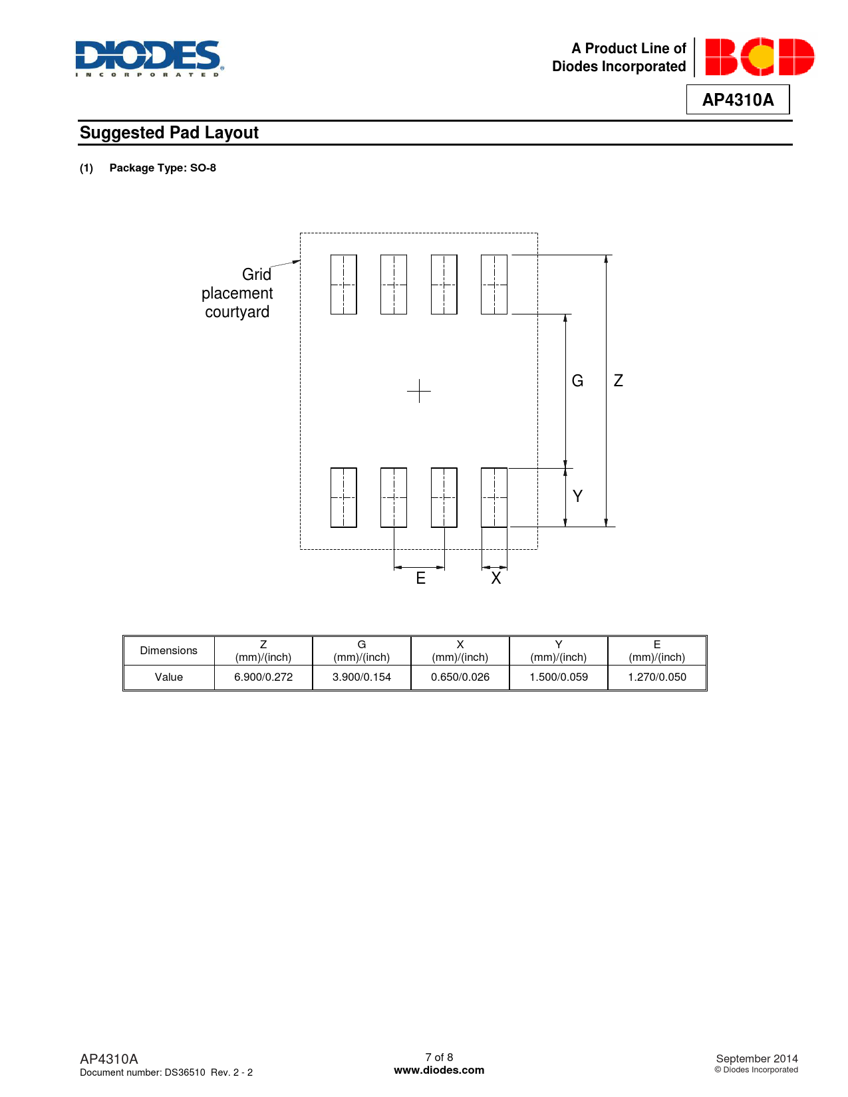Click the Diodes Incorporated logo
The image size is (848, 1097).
click(x=150, y=59)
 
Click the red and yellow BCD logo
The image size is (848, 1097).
click(x=760, y=57)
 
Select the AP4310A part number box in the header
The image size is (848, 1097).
click(x=738, y=100)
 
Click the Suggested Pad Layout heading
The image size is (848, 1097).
click(x=169, y=133)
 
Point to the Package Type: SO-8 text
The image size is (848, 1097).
click(x=162, y=168)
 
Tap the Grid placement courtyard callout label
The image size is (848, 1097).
click(x=237, y=293)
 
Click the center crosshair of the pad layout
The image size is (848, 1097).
click(x=419, y=391)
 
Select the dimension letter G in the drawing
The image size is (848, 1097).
click(x=577, y=381)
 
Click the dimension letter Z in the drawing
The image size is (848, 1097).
click(x=618, y=380)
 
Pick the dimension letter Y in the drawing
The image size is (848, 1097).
click(x=577, y=496)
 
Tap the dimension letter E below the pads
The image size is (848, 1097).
click(x=420, y=578)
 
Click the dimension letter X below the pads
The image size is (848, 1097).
click(x=495, y=578)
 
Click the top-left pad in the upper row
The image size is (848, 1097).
click(x=343, y=285)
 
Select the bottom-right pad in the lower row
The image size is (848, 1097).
click(x=494, y=497)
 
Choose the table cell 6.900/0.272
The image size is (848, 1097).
click(x=263, y=677)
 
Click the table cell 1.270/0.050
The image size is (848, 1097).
click(x=657, y=677)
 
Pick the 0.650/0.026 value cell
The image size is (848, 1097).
click(x=460, y=677)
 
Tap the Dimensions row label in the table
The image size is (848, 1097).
click(x=168, y=650)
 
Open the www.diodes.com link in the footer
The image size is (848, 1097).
click(x=439, y=1070)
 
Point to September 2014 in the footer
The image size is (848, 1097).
click(x=757, y=1058)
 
